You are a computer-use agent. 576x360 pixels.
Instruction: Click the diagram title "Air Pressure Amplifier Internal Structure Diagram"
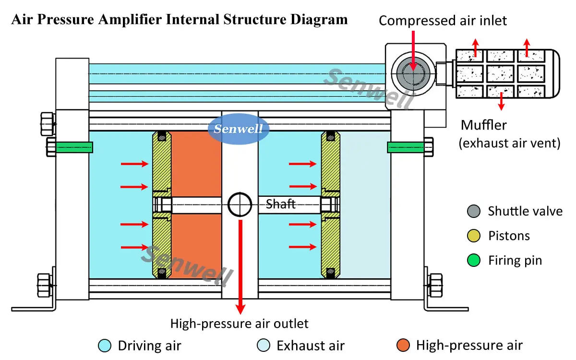(179, 20)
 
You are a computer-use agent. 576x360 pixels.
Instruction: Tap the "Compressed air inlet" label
(443, 20)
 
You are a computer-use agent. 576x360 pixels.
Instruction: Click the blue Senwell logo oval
(239, 129)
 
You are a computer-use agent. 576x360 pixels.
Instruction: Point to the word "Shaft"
(281, 204)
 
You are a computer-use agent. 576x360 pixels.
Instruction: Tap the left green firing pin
(74, 147)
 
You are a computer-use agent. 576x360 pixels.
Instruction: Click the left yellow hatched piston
(161, 163)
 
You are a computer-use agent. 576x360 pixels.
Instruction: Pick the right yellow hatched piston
(331, 163)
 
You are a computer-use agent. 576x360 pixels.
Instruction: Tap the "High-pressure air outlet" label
(240, 324)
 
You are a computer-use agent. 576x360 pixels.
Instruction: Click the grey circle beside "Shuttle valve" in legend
(473, 211)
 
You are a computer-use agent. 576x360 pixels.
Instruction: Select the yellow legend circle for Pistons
(473, 236)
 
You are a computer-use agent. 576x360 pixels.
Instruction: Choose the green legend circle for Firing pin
(473, 261)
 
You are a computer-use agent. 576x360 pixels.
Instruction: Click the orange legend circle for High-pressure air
(403, 345)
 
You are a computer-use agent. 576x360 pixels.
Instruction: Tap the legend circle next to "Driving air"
(104, 345)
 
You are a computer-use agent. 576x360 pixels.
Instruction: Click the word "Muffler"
(484, 125)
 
